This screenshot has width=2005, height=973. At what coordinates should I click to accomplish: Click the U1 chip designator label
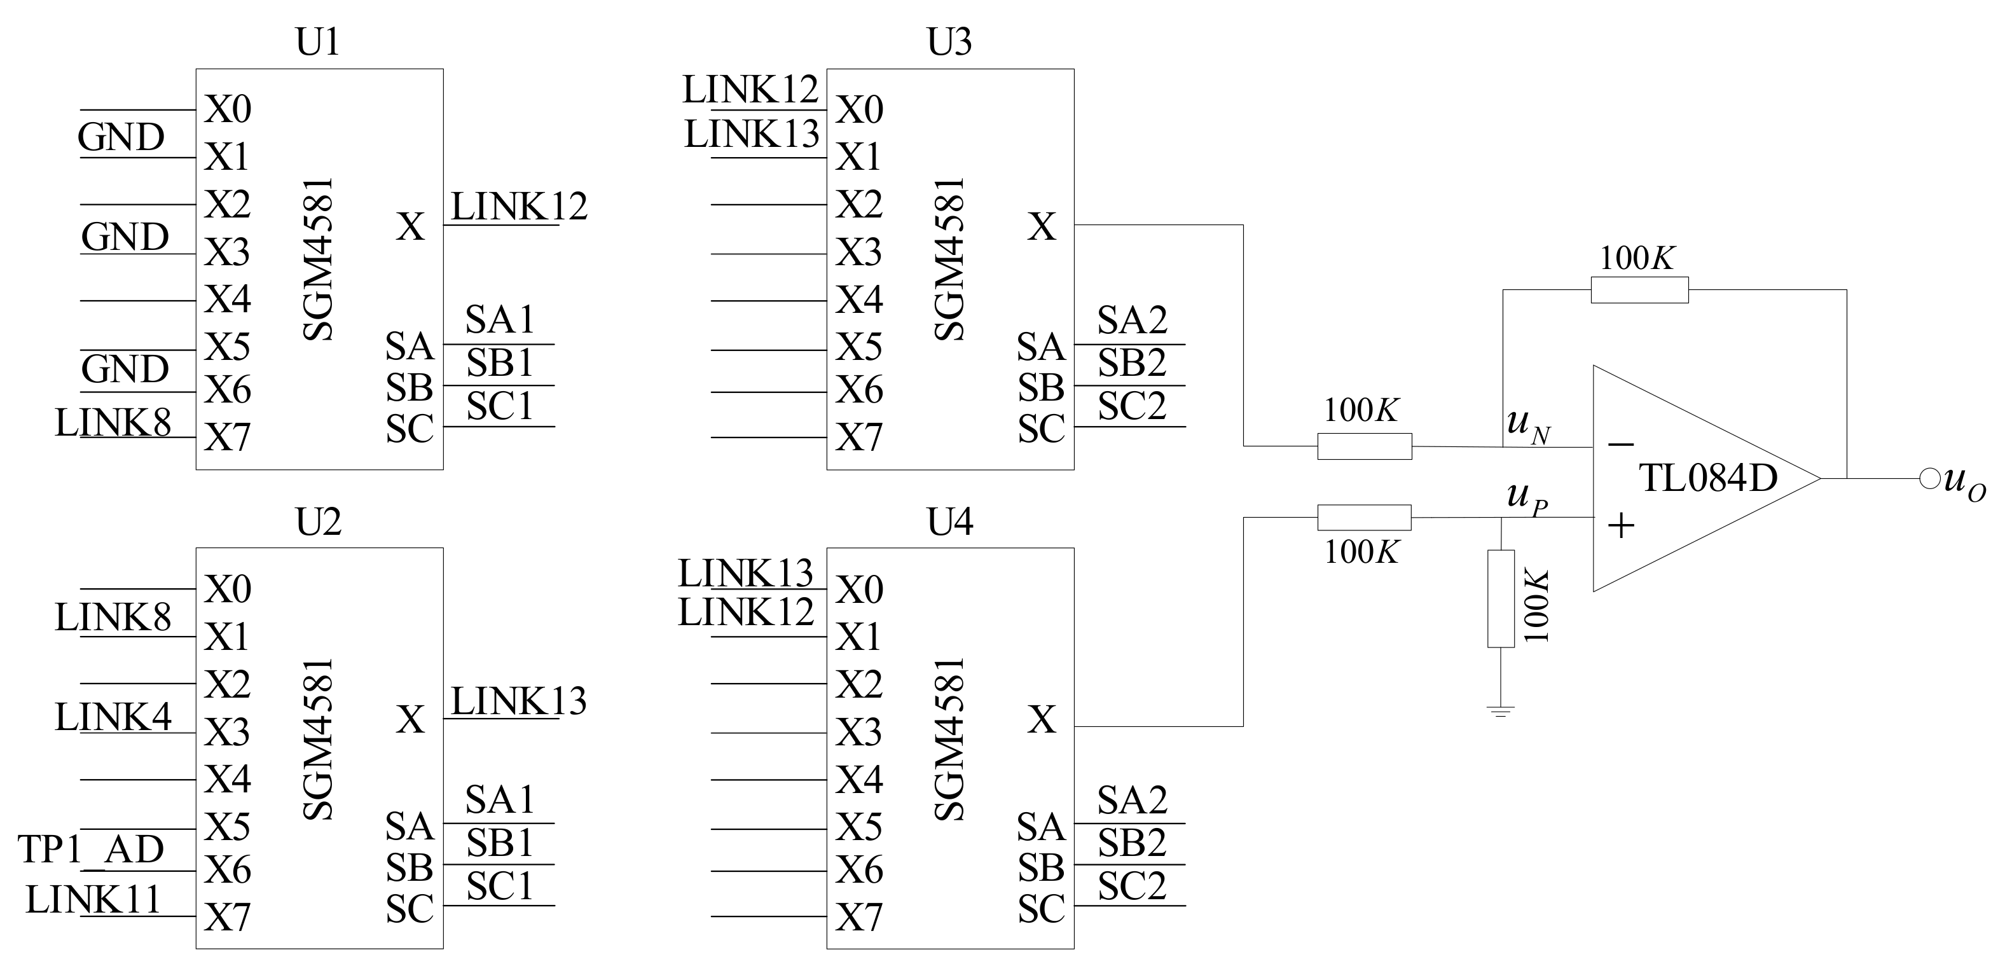point(317,42)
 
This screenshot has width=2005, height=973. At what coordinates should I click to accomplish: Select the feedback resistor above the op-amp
point(1639,289)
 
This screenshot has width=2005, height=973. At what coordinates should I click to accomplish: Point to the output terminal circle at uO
point(1929,479)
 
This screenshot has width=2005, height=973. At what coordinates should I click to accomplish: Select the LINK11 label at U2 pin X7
point(93,900)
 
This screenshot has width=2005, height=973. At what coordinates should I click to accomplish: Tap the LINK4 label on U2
point(113,717)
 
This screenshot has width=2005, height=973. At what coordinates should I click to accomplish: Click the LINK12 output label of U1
point(519,207)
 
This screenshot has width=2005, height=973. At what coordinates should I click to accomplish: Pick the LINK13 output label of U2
point(519,701)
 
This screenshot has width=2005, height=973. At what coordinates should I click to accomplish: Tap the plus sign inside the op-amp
point(1622,526)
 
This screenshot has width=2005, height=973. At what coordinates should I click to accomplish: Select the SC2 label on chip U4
point(1132,886)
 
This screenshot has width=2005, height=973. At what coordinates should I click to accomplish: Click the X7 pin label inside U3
point(859,438)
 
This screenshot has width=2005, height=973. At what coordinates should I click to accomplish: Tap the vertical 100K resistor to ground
point(1501,598)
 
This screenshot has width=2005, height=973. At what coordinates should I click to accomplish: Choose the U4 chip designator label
point(949,521)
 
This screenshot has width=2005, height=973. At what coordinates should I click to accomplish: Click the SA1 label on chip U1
point(500,320)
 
